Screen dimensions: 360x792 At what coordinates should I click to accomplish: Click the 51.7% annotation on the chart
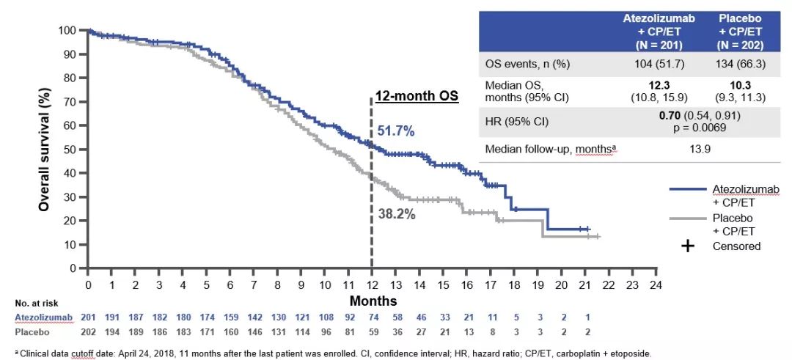396,131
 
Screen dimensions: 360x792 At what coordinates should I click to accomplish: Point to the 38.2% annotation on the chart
396,214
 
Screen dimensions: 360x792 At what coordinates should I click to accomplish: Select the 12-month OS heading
417,96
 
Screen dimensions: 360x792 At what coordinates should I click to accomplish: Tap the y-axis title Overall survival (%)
45,149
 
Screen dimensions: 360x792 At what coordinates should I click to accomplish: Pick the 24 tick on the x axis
656,283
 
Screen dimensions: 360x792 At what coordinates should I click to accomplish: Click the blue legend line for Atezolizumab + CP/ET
689,189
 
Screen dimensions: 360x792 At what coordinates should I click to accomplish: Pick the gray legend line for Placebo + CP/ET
689,218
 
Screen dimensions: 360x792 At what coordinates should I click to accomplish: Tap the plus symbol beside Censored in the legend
688,246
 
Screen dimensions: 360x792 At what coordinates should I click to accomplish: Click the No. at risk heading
36,302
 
